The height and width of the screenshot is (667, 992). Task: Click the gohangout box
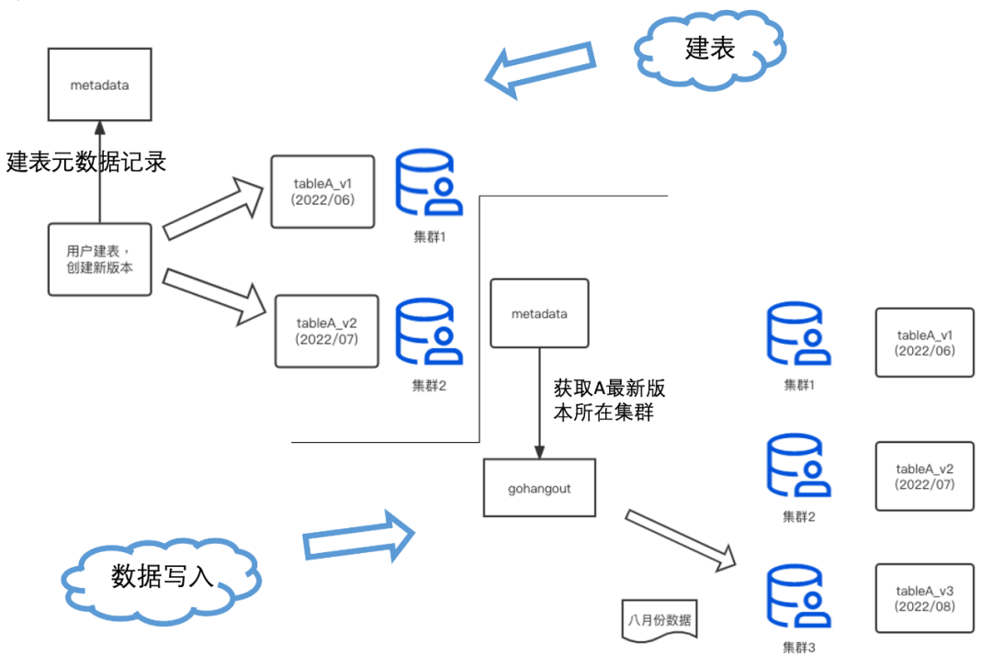tap(540, 489)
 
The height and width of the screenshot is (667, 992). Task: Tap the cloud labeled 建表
tap(709, 49)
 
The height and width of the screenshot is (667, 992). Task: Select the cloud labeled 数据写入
tap(162, 575)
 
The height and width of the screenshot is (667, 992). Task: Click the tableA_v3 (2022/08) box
tap(924, 598)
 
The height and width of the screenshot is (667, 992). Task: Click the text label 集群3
tap(798, 648)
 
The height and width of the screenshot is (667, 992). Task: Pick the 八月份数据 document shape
tap(659, 617)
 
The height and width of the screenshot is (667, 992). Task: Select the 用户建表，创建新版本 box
tap(99, 259)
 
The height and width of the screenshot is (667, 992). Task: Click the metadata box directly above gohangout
tap(539, 314)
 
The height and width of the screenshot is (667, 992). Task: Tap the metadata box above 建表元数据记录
tap(99, 85)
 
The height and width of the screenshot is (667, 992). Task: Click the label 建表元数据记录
tap(86, 162)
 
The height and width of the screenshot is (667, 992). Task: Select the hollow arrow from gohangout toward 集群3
tap(681, 538)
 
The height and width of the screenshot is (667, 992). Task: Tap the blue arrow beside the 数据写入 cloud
tap(359, 537)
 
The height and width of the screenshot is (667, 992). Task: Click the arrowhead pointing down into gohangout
tap(539, 450)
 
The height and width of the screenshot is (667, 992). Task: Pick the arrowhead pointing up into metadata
tap(99, 129)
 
